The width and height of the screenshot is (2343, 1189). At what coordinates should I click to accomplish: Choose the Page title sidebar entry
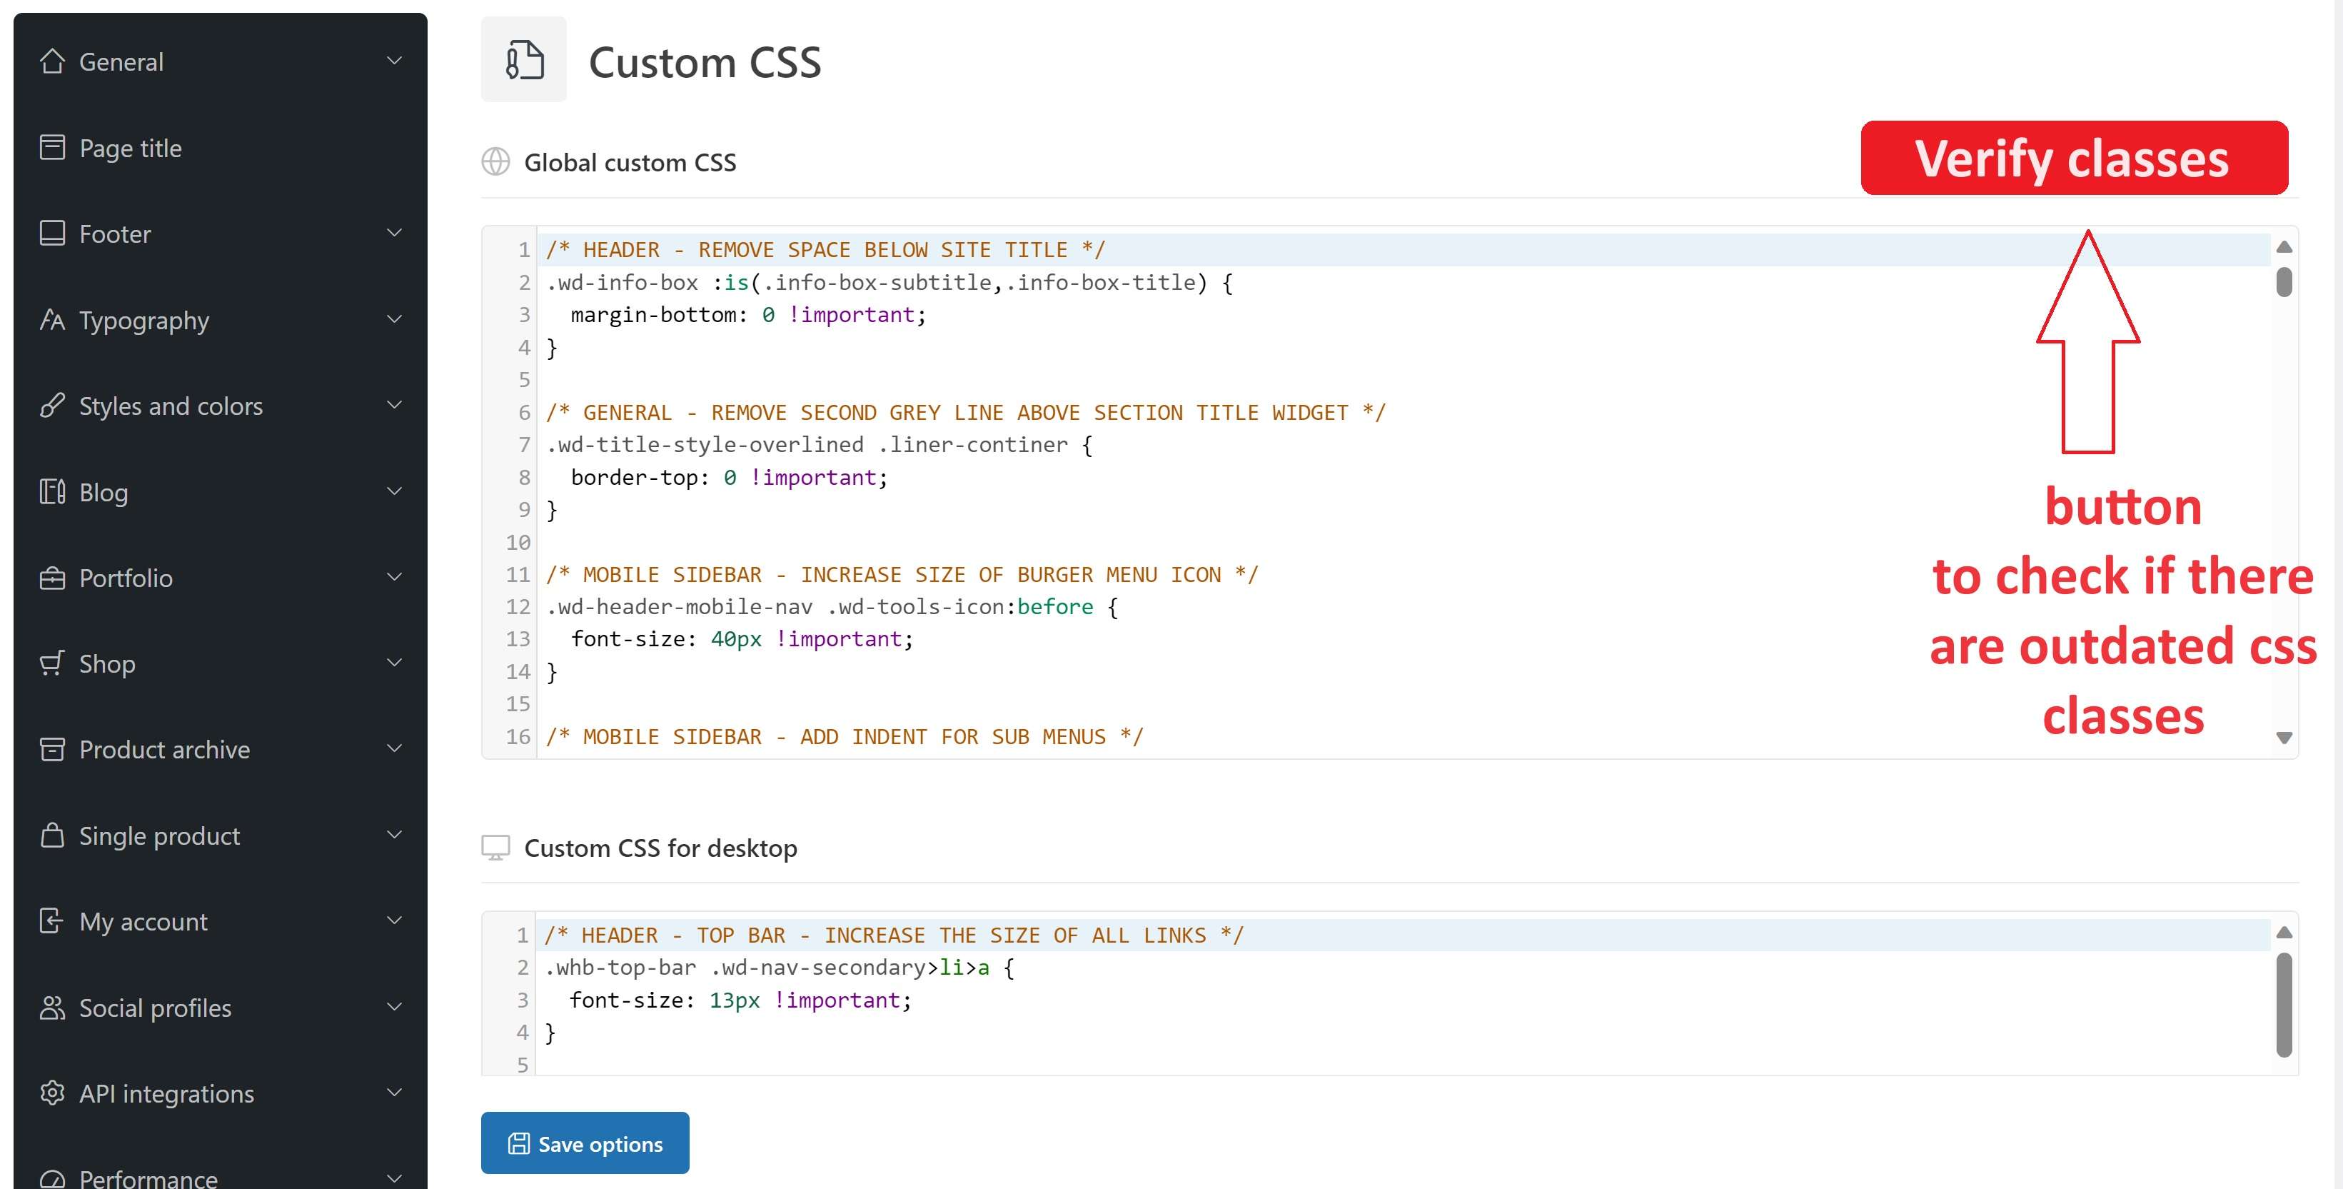[130, 149]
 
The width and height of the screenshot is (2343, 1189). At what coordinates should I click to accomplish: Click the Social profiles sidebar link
[155, 1008]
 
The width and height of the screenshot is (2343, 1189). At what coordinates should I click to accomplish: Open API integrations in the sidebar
[166, 1093]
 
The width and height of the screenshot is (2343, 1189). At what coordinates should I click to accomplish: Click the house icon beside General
[53, 61]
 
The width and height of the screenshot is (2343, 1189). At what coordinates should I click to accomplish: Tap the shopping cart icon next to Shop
[53, 663]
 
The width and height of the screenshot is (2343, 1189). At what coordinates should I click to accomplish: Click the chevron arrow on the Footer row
[395, 233]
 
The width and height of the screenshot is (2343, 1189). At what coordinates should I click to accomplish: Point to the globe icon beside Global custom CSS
[495, 162]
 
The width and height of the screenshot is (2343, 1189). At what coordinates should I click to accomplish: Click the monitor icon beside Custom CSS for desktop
[495, 848]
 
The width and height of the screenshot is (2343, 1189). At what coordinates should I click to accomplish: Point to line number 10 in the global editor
[518, 542]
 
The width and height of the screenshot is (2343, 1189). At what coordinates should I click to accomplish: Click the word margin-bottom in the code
[653, 315]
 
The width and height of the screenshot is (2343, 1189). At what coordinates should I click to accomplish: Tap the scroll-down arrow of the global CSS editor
[2284, 738]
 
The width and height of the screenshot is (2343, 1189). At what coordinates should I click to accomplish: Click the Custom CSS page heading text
[705, 63]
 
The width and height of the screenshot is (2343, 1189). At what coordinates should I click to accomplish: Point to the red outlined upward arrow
[2087, 341]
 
